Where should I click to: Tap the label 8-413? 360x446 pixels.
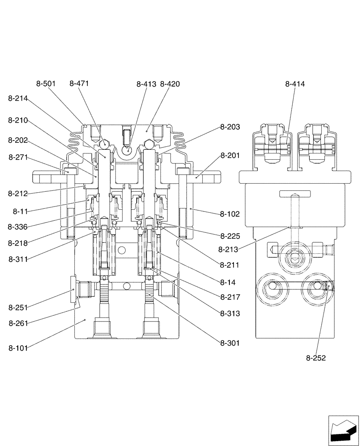146,84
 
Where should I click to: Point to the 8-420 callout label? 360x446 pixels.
170,84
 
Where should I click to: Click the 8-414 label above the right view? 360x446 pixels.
295,84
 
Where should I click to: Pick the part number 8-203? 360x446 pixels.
230,127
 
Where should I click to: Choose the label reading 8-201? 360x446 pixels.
230,156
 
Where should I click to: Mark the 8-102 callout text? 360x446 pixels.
230,214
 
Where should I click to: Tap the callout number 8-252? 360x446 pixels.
316,358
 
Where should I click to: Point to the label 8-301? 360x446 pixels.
230,343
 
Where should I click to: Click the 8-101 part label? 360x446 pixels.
18,347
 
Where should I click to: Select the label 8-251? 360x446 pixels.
18,307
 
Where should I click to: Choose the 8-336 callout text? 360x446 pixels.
18,227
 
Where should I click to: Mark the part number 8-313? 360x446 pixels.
230,314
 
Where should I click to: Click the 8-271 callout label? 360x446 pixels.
18,157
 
